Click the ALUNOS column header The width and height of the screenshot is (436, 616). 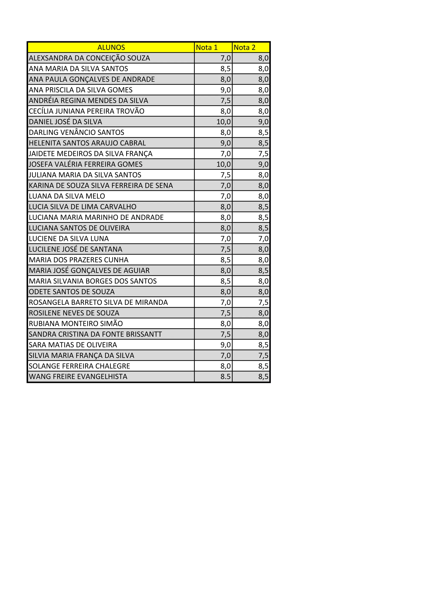click(x=111, y=47)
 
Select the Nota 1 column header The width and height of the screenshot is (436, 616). click(x=207, y=47)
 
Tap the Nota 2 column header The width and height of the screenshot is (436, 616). click(x=244, y=47)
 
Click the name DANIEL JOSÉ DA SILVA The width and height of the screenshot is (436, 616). click(x=66, y=122)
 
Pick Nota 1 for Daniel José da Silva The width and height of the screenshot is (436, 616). click(x=224, y=122)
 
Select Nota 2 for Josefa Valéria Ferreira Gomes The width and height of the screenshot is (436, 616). click(x=263, y=164)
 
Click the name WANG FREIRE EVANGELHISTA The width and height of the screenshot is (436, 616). click(x=78, y=377)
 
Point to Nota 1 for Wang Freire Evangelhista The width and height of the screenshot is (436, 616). click(x=225, y=377)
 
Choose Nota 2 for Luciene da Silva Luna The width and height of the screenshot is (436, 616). click(x=263, y=238)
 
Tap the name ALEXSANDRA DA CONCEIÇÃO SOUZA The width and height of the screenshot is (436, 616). click(x=89, y=58)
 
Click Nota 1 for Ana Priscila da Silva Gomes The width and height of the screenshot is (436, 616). click(x=225, y=90)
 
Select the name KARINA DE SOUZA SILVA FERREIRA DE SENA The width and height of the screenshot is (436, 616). click(x=101, y=185)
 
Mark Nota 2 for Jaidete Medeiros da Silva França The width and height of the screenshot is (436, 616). click(x=263, y=154)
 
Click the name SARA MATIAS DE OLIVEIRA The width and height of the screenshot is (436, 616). click(x=73, y=345)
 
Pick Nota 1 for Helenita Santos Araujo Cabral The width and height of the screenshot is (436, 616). click(x=225, y=143)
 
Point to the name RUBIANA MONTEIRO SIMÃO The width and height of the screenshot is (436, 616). click(x=76, y=324)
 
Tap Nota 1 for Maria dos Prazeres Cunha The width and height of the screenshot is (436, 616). click(x=225, y=260)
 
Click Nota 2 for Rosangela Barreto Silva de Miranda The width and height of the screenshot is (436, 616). click(x=263, y=302)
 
